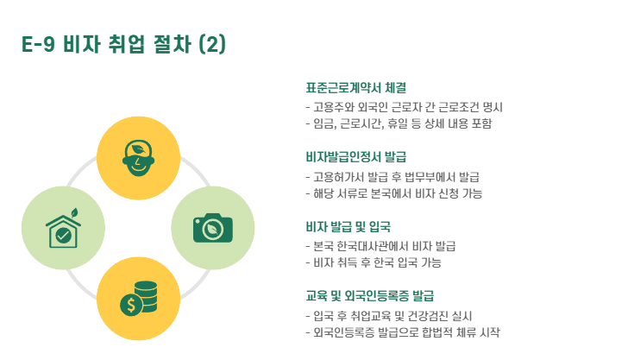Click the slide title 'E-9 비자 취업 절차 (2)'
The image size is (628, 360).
pyautogui.click(x=123, y=44)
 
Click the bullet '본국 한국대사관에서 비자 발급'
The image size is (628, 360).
pyautogui.click(x=380, y=246)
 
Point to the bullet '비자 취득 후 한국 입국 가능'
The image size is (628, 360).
pyautogui.click(x=374, y=262)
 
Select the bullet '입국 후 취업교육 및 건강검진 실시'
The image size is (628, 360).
pyautogui.click(x=388, y=316)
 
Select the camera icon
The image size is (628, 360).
pyautogui.click(x=212, y=227)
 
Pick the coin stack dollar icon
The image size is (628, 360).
pyautogui.click(x=138, y=299)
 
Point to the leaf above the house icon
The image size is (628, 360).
pyautogui.click(x=75, y=212)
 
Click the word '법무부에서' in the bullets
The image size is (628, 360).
pyautogui.click(x=425, y=177)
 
